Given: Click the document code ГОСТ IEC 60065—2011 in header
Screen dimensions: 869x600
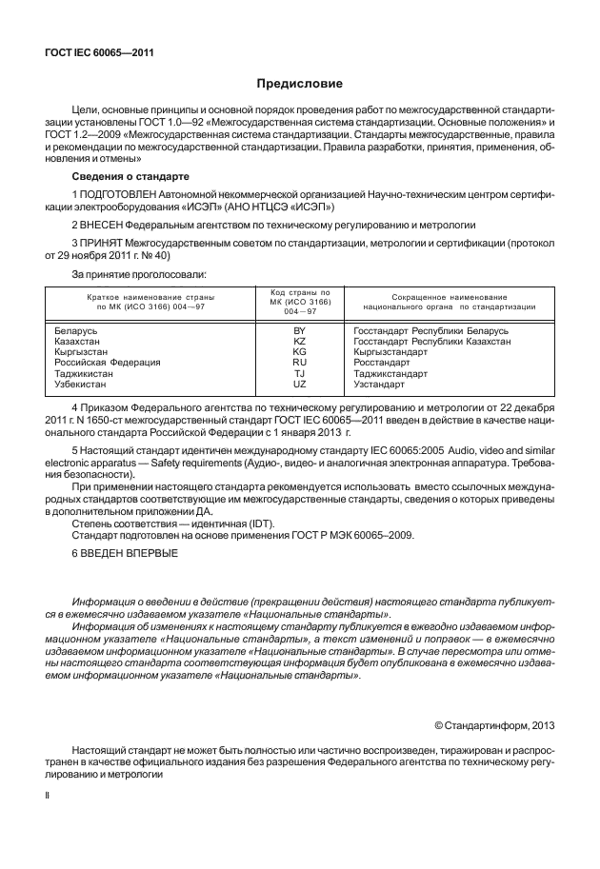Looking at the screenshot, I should tap(100, 53).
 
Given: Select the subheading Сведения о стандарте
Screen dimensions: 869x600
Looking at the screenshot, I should tap(130, 177).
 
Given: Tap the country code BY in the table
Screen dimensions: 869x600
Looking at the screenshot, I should tap(299, 330).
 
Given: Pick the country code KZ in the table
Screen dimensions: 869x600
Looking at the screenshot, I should tap(299, 341).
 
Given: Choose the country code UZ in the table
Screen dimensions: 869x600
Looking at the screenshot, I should tap(299, 384).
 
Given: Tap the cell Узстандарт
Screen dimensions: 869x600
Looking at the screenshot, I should tap(385, 384).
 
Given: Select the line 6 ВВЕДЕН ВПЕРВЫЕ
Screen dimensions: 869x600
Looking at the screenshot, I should tap(125, 553).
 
